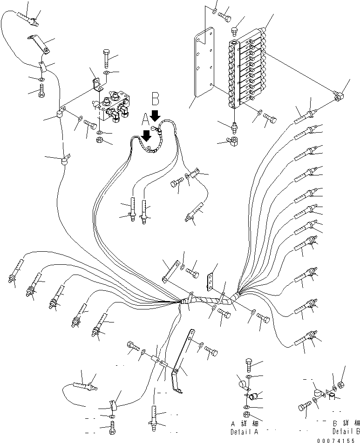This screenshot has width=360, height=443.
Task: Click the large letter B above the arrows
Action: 156,99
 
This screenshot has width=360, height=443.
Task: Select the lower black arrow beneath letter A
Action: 146,135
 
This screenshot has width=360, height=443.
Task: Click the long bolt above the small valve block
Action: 107,59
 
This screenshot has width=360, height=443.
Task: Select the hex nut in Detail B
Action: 340,384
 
